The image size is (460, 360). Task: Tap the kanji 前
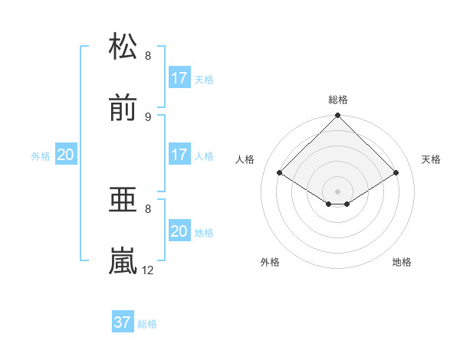pos(123,109)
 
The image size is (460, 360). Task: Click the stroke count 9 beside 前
pos(148,116)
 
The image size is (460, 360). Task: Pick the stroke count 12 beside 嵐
pos(148,270)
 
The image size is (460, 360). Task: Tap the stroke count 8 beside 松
pos(148,55)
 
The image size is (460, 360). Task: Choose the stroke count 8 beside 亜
pos(148,208)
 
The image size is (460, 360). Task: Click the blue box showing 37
pos(123,322)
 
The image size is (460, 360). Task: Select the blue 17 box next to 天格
pos(179,77)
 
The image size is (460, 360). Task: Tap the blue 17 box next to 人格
pos(179,155)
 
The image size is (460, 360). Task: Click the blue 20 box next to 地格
pos(179,231)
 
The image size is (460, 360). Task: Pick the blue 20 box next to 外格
pos(66,155)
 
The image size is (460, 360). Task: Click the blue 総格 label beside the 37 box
pos(147,324)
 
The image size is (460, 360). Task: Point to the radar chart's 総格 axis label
pos(338,100)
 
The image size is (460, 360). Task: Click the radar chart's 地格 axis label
pos(402,262)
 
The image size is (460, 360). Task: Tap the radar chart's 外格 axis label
pos(270,262)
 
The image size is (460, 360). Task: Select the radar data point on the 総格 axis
pos(338,116)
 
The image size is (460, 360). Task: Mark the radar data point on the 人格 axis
pos(280,173)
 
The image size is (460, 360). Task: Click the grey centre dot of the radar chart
pos(338,191)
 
